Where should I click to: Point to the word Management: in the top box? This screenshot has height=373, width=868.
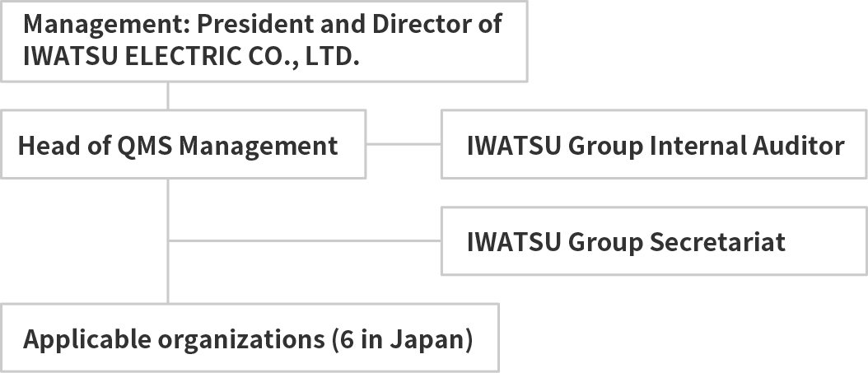pos(106,25)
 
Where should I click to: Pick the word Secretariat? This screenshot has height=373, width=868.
pos(717,242)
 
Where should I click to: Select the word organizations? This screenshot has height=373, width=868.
pos(241,340)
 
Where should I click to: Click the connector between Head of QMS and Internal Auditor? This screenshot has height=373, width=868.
pos(404,144)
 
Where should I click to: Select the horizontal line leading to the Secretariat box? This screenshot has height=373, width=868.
pos(305,240)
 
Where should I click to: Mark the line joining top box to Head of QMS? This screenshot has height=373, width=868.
pos(168,96)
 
